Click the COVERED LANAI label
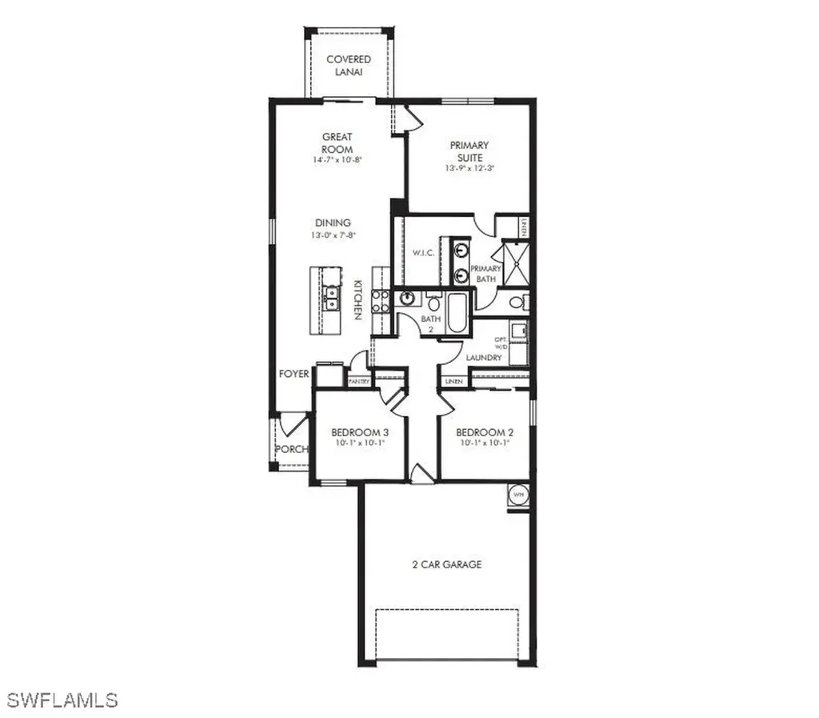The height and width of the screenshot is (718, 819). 349,66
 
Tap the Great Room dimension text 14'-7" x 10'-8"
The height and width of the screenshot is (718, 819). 337,160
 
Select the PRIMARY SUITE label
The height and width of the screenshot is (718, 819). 469,151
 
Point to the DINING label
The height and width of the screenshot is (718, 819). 332,223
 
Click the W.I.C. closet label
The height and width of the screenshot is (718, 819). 422,254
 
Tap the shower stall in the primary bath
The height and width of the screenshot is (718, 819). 514,263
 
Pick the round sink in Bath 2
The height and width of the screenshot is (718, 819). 408,299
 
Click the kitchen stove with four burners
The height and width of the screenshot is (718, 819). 382,301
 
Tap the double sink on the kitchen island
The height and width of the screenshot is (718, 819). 330,299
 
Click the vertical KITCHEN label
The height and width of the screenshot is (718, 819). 358,299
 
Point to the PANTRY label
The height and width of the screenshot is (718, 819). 359,382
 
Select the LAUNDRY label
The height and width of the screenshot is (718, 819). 485,357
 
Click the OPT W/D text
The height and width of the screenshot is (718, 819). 501,345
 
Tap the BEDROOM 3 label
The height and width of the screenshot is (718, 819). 359,432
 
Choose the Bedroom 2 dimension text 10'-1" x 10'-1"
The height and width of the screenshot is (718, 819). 485,443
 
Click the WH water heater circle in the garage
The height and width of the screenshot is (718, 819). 517,495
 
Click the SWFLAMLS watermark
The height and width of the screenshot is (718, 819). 60,699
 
